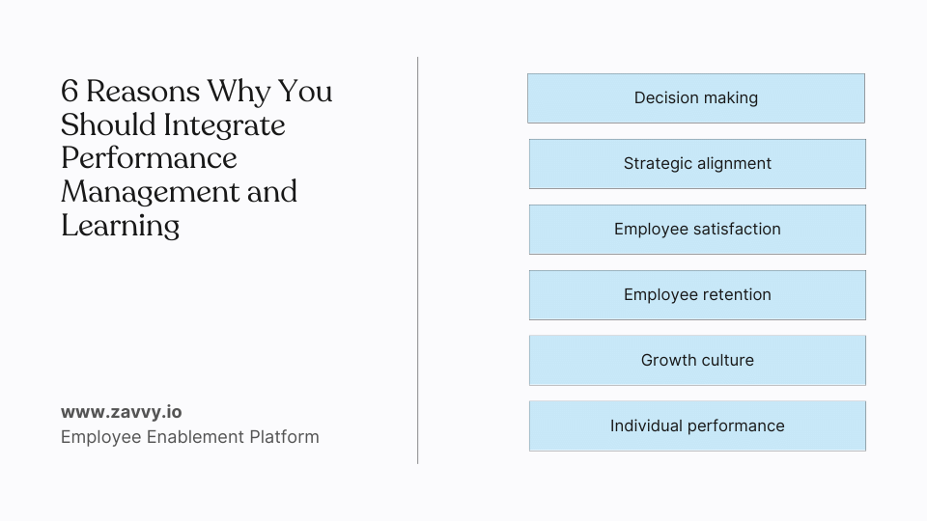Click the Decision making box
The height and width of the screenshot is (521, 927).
[695, 98]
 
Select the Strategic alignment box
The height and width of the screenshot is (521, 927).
[697, 164]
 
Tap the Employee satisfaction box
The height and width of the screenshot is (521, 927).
[697, 230]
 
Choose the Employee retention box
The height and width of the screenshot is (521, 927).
[697, 295]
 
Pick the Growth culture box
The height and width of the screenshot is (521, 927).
[697, 361]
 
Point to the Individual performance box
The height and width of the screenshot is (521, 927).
[697, 426]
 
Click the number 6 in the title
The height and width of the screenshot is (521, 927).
[70, 92]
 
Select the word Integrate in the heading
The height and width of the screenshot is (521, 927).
[224, 125]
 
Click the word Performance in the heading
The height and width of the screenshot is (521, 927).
[149, 158]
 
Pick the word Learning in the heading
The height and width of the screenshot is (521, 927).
[121, 226]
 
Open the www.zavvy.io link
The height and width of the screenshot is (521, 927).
[121, 412]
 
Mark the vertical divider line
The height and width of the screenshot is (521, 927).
[418, 260]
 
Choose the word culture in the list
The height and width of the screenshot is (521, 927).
[725, 361]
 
